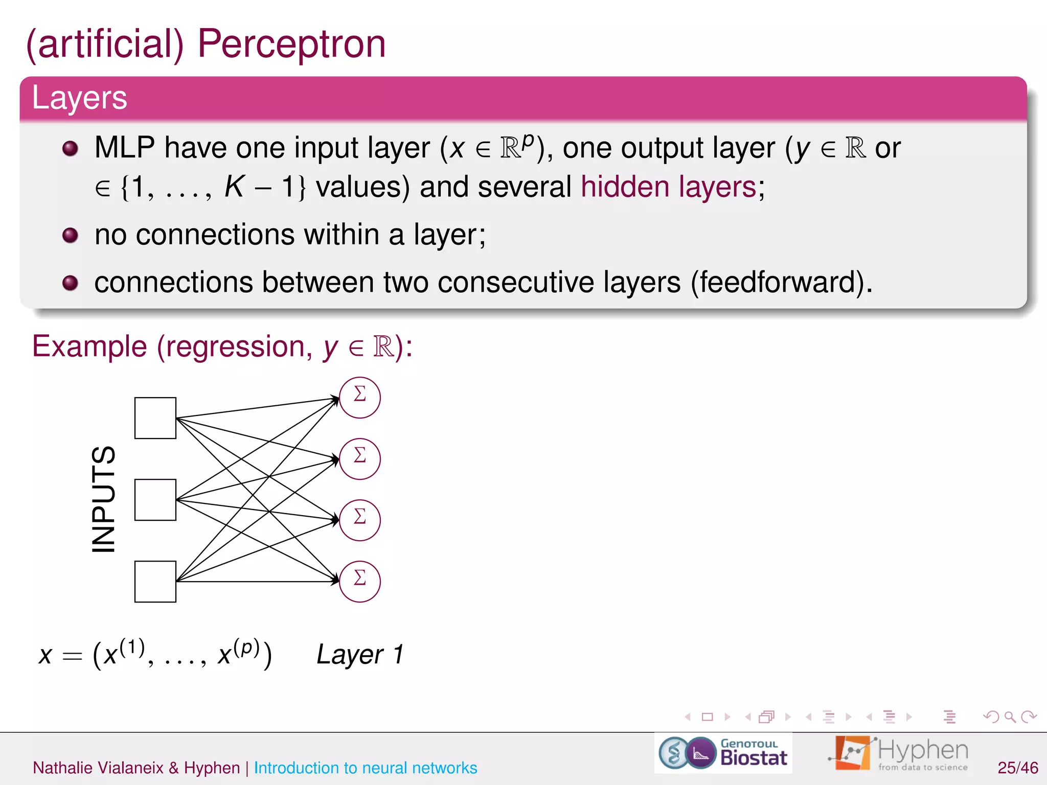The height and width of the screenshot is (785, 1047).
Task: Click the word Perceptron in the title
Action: pyautogui.click(x=291, y=45)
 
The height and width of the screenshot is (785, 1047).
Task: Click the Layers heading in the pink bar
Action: pyautogui.click(x=79, y=98)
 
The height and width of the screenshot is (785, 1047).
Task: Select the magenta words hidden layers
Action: pyautogui.click(x=669, y=187)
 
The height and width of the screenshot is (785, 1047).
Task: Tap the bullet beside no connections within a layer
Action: pyautogui.click(x=70, y=236)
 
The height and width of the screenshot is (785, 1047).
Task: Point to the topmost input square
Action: pyautogui.click(x=155, y=418)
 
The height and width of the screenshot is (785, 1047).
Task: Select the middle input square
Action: pyautogui.click(x=155, y=500)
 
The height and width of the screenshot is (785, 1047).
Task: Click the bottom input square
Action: pyautogui.click(x=155, y=582)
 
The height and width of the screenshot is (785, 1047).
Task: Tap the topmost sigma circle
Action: pyautogui.click(x=360, y=398)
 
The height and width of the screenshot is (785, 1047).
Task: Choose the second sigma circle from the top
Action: pyautogui.click(x=360, y=459)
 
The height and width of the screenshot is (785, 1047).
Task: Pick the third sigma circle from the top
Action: pyautogui.click(x=360, y=520)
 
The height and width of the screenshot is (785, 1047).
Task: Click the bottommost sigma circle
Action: pyautogui.click(x=360, y=582)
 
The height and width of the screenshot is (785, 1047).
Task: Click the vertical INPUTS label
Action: pyautogui.click(x=104, y=499)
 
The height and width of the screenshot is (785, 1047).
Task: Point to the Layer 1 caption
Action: pyautogui.click(x=360, y=655)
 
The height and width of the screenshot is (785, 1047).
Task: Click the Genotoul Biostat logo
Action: pyautogui.click(x=723, y=753)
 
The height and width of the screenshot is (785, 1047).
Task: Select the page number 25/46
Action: pyautogui.click(x=1017, y=768)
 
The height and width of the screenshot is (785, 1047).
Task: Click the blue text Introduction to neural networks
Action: pyautogui.click(x=365, y=768)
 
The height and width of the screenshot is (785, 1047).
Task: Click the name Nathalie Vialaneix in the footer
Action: pyautogui.click(x=98, y=768)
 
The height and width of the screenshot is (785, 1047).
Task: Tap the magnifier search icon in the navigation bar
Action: pyautogui.click(x=1010, y=717)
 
